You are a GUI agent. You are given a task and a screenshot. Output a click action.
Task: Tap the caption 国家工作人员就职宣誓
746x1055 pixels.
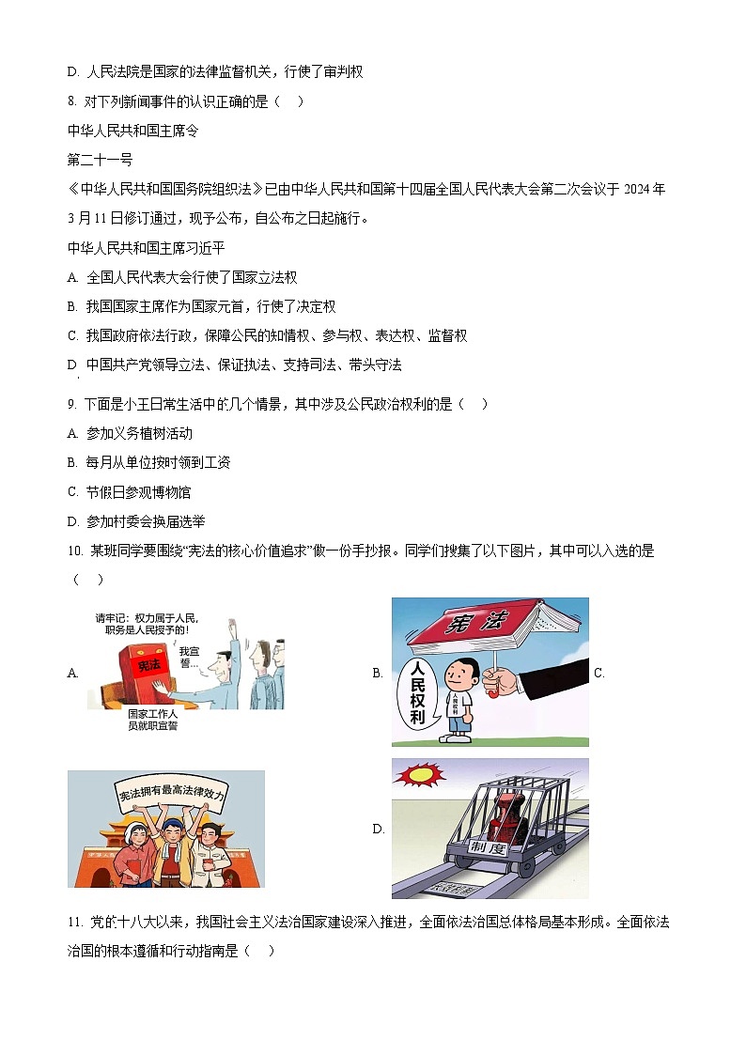pyautogui.click(x=152, y=720)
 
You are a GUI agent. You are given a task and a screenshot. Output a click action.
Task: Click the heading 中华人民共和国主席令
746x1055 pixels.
pyautogui.click(x=132, y=131)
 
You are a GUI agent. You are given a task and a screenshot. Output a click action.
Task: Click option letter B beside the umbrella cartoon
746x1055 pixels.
pyautogui.click(x=378, y=673)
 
